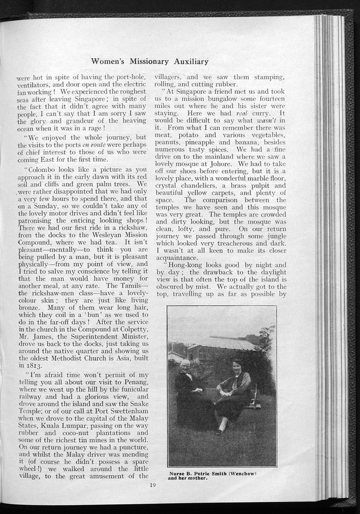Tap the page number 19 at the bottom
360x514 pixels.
click(152, 485)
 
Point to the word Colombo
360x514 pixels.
click(46, 170)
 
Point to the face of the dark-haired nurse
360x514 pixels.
click(237, 365)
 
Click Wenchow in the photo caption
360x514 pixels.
click(243, 473)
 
